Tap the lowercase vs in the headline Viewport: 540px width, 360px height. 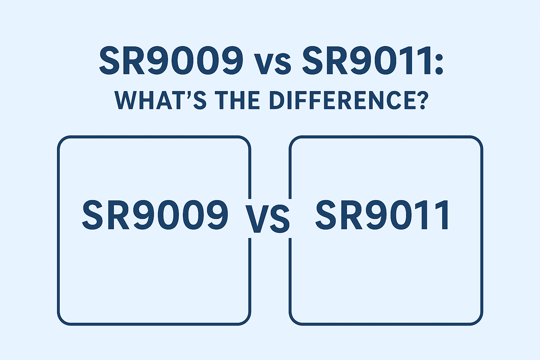click(x=273, y=64)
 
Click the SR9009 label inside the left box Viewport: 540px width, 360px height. click(x=155, y=216)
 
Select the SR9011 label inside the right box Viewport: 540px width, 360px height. click(x=382, y=215)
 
